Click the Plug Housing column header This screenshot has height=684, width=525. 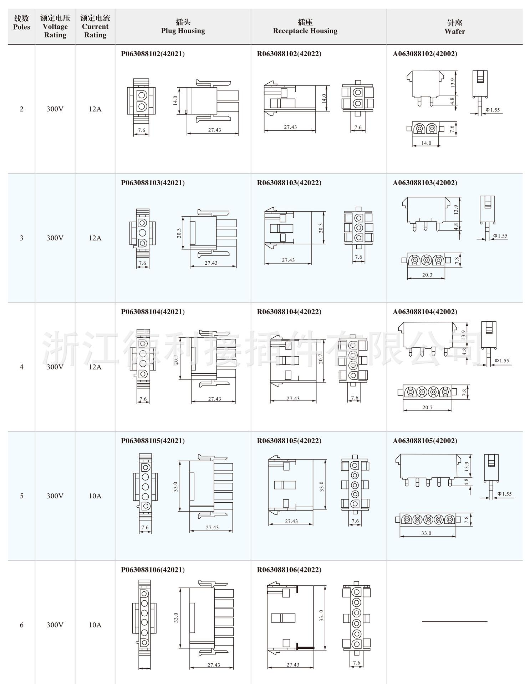pos(183,27)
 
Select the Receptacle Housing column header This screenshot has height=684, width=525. pos(305,27)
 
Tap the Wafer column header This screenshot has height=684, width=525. pos(455,27)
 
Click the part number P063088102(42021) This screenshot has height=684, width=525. pos(153,54)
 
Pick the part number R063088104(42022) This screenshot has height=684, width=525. pos(289,312)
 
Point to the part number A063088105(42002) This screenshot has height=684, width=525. pos(425,441)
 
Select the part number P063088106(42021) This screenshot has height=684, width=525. pos(153,570)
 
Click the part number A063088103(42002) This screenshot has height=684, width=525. pos(425,183)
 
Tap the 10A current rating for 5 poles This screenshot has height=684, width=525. pos(95,496)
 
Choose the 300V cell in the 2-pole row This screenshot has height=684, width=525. pos(55,109)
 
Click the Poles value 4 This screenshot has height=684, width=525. pos(21,367)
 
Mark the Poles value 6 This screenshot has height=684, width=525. pos(21,625)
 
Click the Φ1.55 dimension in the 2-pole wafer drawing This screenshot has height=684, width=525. pos(493,110)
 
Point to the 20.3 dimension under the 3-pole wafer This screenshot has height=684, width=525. pos(427,275)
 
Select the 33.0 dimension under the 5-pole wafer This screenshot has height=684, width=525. pos(426,533)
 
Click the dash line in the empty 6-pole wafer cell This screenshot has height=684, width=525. pos(455,622)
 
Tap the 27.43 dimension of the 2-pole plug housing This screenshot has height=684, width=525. pos(215,130)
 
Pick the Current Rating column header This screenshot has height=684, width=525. pos(95,26)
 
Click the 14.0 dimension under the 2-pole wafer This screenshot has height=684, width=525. pos(426,143)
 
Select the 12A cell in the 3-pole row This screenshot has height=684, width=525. pos(95,238)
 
